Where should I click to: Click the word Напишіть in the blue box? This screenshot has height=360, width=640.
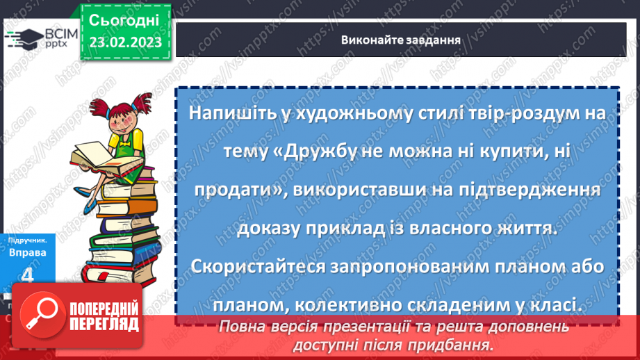tap(229, 113)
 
